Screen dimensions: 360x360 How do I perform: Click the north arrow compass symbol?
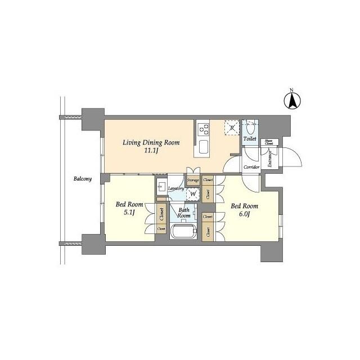[x=292, y=101]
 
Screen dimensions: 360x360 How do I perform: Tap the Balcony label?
[x=83, y=179]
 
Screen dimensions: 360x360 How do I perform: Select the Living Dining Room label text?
[x=151, y=142]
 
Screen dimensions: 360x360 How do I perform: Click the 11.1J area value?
[x=151, y=151]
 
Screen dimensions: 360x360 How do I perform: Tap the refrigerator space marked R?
[x=231, y=128]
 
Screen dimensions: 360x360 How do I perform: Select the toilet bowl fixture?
[x=250, y=126]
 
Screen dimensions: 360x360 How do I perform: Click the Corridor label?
[x=251, y=167]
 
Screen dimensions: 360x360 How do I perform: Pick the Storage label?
[x=193, y=180]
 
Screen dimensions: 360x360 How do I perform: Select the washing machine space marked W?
[x=193, y=195]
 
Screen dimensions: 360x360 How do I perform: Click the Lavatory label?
[x=175, y=188]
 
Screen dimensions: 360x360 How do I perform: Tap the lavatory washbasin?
[x=162, y=188]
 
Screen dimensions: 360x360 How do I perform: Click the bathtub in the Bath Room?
[x=182, y=232]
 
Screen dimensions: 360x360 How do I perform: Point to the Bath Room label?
[x=184, y=212]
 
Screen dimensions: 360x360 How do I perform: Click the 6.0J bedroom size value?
[x=244, y=214]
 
